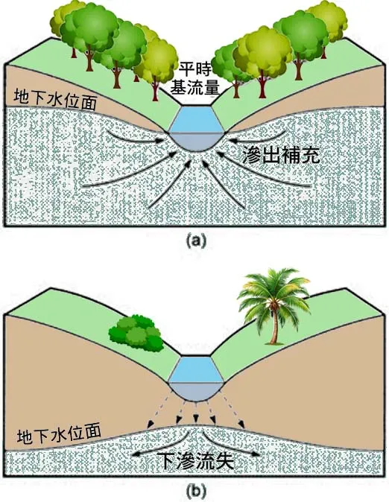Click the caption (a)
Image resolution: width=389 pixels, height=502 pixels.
click(x=194, y=241)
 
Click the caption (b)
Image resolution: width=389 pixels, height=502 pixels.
click(x=194, y=490)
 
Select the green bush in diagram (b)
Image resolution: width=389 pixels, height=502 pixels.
click(x=136, y=334)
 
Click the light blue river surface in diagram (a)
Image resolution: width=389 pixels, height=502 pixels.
click(x=194, y=118)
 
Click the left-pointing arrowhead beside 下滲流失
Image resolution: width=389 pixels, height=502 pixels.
click(x=136, y=453)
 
